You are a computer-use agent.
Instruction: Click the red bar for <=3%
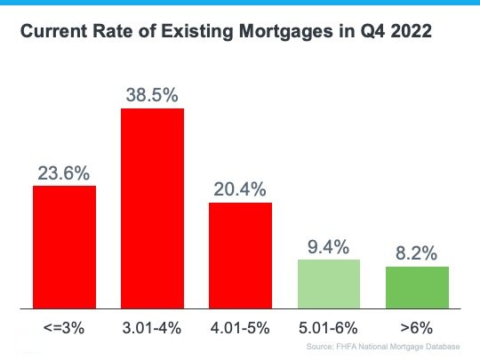pos(64,246)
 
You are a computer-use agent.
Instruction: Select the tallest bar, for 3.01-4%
pos(152,208)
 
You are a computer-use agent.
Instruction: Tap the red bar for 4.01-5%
pos(240,254)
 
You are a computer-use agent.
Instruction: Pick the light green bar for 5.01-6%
pos(328,283)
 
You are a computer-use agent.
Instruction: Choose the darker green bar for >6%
pos(416,286)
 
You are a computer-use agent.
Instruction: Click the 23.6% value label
pos(64,172)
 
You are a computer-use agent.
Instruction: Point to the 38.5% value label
pos(152,94)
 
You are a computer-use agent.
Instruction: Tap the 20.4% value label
pos(240,188)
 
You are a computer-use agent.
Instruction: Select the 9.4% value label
pos(328,245)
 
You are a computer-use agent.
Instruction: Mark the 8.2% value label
pos(416,252)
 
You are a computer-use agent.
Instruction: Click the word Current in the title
pos(52,33)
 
